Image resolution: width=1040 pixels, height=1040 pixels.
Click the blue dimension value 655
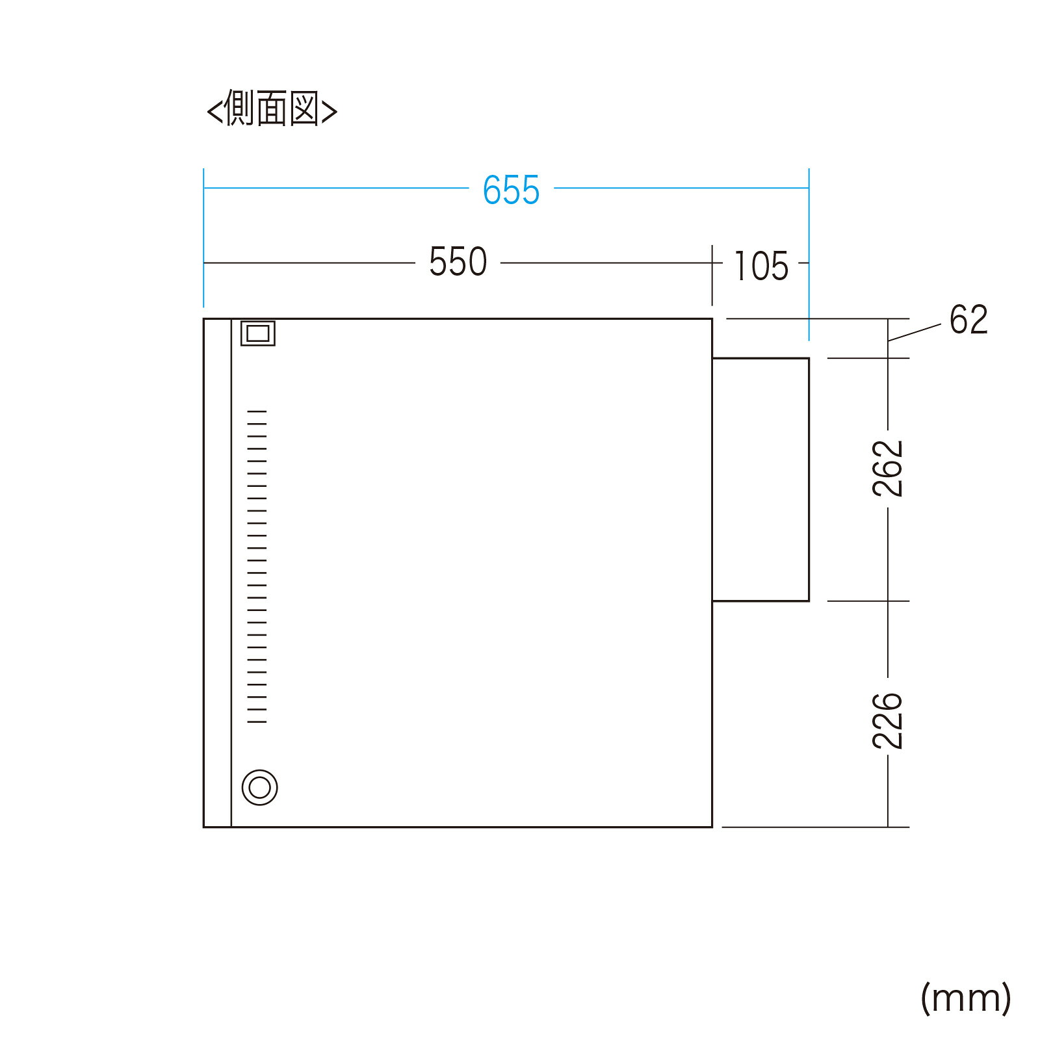tap(511, 190)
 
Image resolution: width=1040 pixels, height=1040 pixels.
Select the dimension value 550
tap(458, 262)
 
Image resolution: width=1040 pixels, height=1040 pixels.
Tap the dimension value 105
tap(761, 266)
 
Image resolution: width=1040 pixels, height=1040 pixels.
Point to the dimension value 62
tap(968, 320)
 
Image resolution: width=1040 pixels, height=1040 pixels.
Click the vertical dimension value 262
tap(888, 469)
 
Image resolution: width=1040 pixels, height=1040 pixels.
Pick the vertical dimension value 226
tap(888, 721)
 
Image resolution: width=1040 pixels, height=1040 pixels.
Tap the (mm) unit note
tap(966, 998)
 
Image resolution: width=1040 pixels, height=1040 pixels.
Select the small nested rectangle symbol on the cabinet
tap(258, 323)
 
